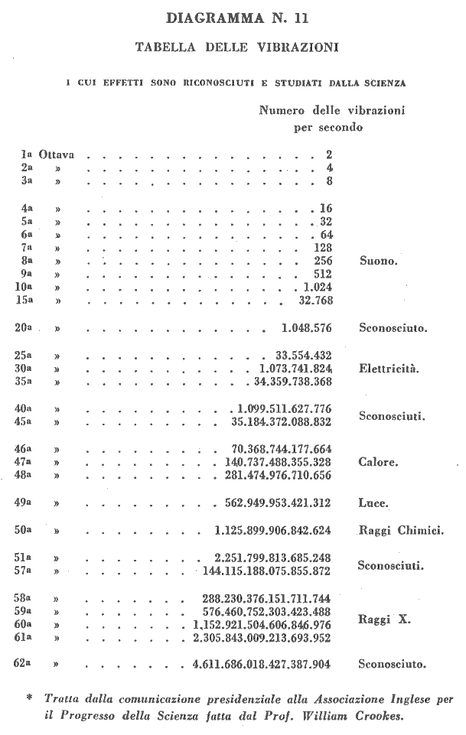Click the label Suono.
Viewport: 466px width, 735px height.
point(378,261)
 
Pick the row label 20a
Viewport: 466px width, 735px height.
point(24,328)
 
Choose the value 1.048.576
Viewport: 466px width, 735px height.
point(306,328)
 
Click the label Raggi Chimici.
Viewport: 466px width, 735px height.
point(402,530)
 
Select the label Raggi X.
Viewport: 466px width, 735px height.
point(384,619)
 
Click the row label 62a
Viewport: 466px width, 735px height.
point(24,664)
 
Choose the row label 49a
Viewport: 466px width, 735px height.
point(24,502)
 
